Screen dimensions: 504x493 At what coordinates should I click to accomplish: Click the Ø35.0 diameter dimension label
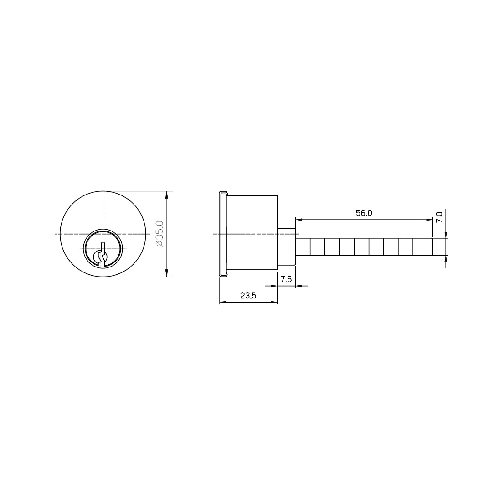pyautogui.click(x=160, y=234)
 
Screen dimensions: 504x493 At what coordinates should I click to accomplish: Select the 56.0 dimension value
pyautogui.click(x=364, y=213)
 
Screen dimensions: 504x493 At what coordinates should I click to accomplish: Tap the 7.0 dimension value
pyautogui.click(x=439, y=217)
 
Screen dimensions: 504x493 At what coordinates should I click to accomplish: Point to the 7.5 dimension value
pyautogui.click(x=286, y=279)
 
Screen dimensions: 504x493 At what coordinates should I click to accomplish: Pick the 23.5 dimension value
pyautogui.click(x=248, y=295)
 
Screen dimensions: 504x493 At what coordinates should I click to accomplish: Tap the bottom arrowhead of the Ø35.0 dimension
pyautogui.click(x=166, y=272)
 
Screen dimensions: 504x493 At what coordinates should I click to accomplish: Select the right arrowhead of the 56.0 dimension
pyautogui.click(x=429, y=220)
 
